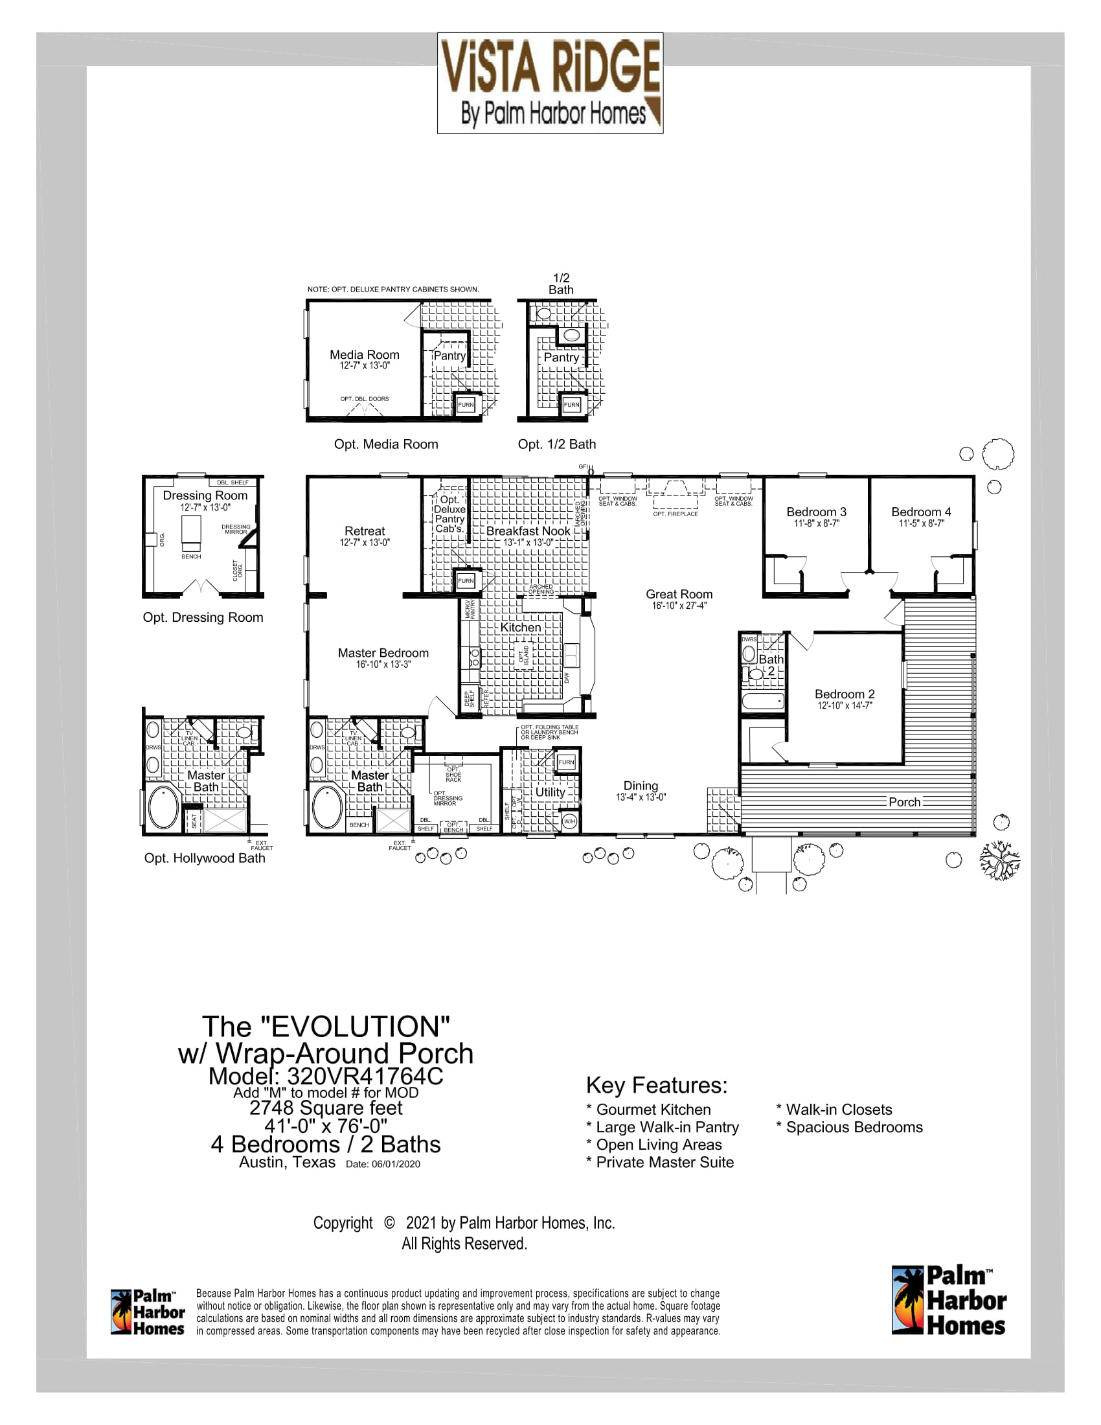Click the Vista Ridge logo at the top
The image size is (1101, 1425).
pyautogui.click(x=550, y=84)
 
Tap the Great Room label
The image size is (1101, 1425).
pyautogui.click(x=678, y=594)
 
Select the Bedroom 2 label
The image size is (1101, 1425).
pyautogui.click(x=844, y=694)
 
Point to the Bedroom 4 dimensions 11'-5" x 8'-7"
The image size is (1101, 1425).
pyautogui.click(x=920, y=523)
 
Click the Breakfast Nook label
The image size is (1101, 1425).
pyautogui.click(x=528, y=531)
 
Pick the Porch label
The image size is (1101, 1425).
pyautogui.click(x=904, y=802)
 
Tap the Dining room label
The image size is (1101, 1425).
pyautogui.click(x=640, y=786)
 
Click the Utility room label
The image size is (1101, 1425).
pyautogui.click(x=549, y=792)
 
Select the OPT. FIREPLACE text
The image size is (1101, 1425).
pyautogui.click(x=675, y=514)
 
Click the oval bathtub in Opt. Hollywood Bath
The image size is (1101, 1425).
pyautogui.click(x=163, y=808)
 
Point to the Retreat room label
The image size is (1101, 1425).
pyautogui.click(x=364, y=531)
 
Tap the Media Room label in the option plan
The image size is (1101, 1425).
pyautogui.click(x=364, y=355)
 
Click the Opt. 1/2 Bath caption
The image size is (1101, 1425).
pyautogui.click(x=556, y=444)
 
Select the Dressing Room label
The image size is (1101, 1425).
pyautogui.click(x=205, y=496)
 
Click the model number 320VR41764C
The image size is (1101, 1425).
pyautogui.click(x=364, y=1076)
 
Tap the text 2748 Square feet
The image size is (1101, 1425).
pyautogui.click(x=326, y=1107)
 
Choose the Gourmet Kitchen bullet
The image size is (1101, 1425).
pyautogui.click(x=649, y=1109)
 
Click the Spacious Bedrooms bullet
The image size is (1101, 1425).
pyautogui.click(x=849, y=1127)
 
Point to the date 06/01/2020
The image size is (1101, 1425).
pyautogui.click(x=383, y=1164)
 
